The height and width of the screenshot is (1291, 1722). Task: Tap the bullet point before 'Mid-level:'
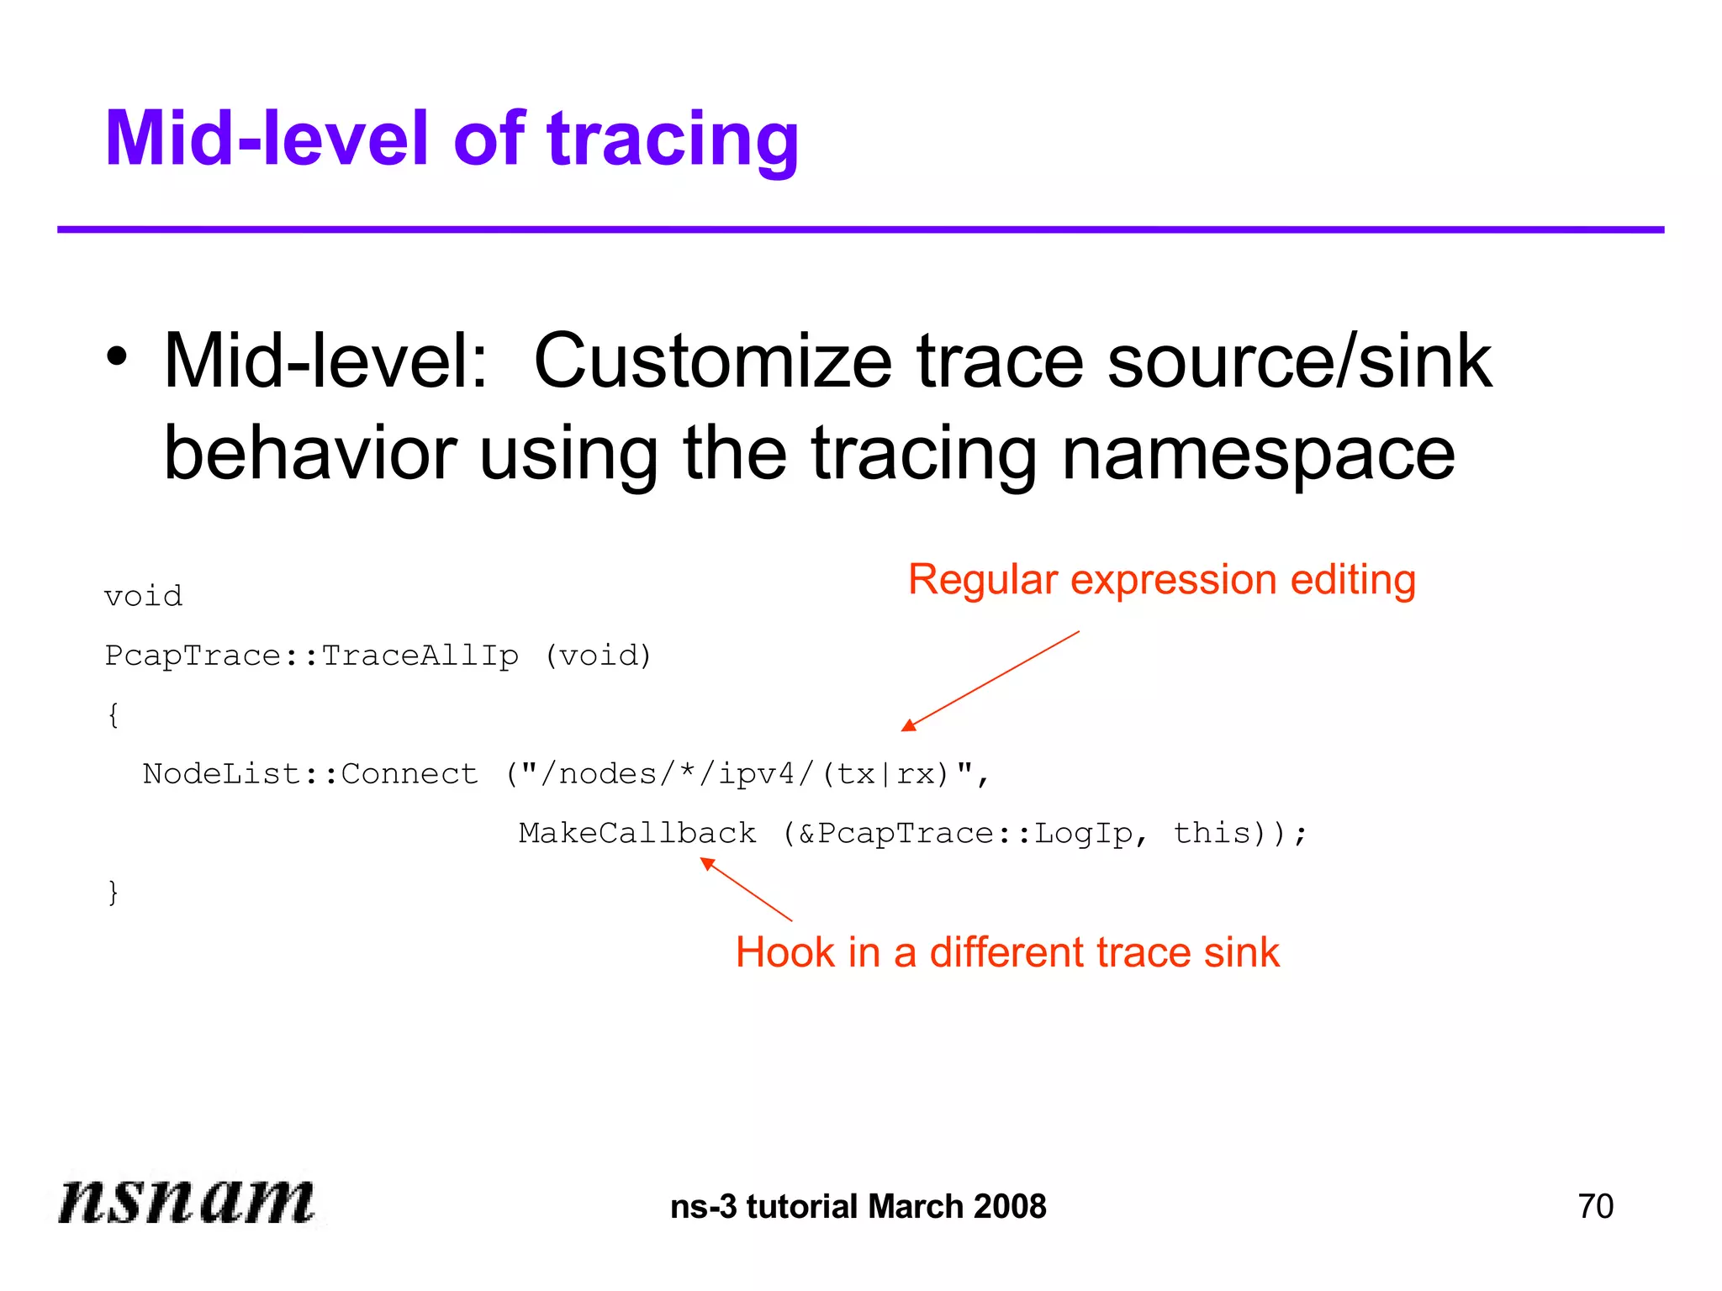coord(118,357)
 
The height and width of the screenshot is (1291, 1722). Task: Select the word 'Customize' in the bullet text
coord(712,361)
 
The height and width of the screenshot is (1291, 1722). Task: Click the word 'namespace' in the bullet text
coord(1258,454)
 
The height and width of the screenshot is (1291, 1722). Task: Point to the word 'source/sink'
coord(1299,361)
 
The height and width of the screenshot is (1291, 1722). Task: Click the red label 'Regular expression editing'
coord(1162,580)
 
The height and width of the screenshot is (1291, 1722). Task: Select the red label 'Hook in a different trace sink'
coord(1007,952)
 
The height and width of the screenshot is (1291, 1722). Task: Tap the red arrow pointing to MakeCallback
coord(746,889)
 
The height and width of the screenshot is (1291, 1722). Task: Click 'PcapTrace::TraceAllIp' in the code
coord(311,656)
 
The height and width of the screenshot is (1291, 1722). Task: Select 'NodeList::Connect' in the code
coord(310,773)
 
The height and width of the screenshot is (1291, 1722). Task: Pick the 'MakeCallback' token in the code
coord(637,833)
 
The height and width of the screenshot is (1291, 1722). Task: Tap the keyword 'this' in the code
coord(1212,833)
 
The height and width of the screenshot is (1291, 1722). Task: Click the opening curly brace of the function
coord(113,715)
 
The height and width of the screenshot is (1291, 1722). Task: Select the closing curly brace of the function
coord(113,892)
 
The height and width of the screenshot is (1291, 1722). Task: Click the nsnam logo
coord(186,1199)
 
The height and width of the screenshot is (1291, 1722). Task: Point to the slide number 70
coord(1595,1206)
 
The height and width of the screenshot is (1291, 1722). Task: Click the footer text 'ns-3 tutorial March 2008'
coord(858,1206)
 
